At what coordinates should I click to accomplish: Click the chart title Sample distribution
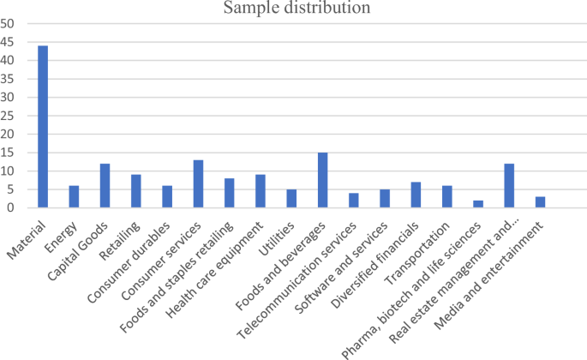pos(297,9)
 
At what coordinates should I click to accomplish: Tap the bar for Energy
pos(74,196)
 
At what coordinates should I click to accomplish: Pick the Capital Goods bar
pos(105,185)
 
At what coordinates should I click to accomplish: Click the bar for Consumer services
pos(198,183)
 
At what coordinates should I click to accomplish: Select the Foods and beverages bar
pos(322,180)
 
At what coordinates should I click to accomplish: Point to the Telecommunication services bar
pos(354,200)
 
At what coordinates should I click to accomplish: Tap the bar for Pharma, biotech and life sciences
pos(478,204)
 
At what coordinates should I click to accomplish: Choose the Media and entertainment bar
pos(540,201)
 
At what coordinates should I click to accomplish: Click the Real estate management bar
pos(509,185)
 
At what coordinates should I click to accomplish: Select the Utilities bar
pos(291,198)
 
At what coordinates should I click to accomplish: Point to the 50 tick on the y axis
pos(8,24)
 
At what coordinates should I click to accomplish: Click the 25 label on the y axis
pos(8,116)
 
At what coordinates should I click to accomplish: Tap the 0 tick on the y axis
pos(11,207)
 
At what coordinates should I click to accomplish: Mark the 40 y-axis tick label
pos(8,61)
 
